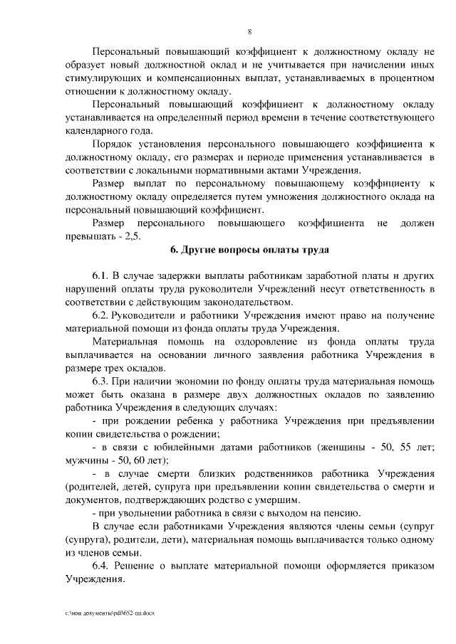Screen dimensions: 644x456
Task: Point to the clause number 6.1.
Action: [100, 274]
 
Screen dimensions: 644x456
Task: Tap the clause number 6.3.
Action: [100, 381]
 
